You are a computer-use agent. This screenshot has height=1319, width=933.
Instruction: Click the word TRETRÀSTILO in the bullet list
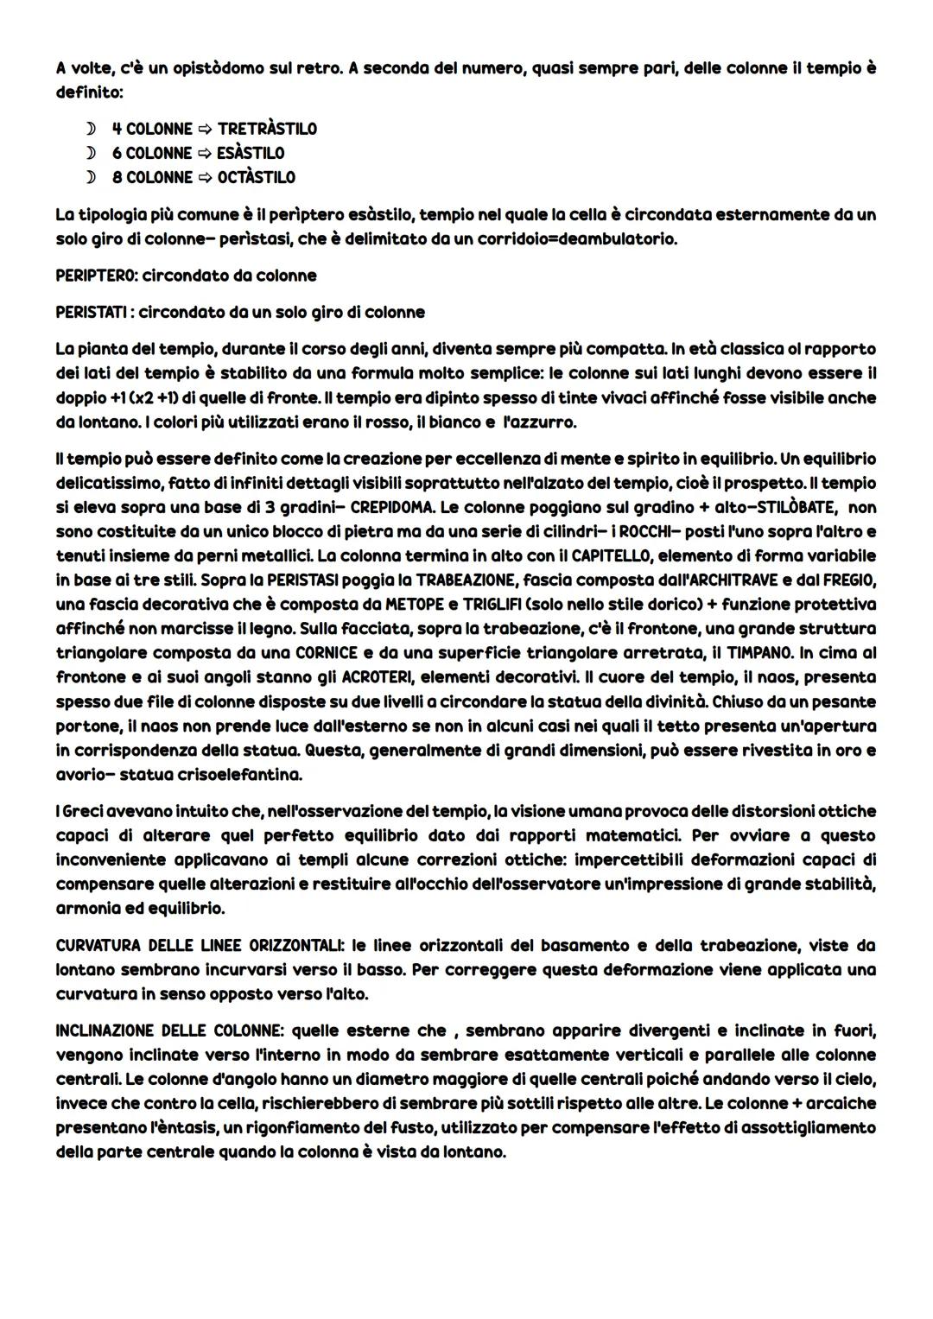coord(267,129)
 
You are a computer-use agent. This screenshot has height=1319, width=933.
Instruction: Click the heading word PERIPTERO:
coord(96,276)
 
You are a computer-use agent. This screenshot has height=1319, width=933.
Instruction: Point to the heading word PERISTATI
coord(92,311)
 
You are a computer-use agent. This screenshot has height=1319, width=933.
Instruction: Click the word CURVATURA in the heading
coord(94,945)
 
